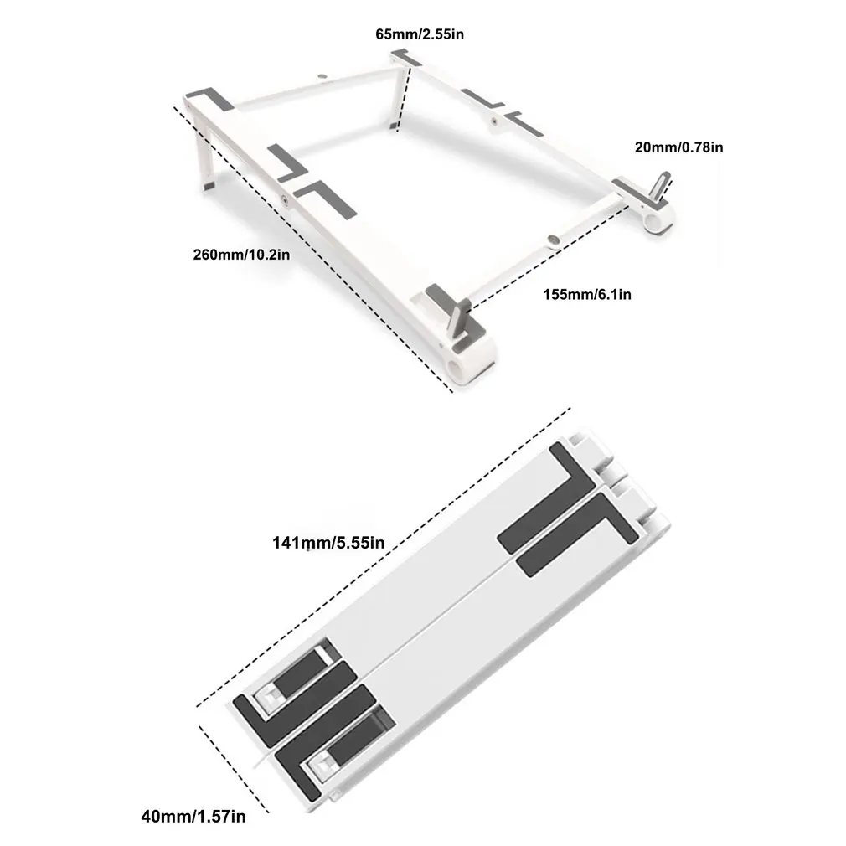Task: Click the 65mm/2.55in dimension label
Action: tap(418, 34)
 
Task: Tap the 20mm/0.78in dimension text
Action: tap(678, 147)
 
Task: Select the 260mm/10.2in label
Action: tap(241, 254)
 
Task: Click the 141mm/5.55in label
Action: tap(328, 543)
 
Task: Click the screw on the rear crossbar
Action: tap(323, 76)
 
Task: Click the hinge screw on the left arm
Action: tap(286, 200)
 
